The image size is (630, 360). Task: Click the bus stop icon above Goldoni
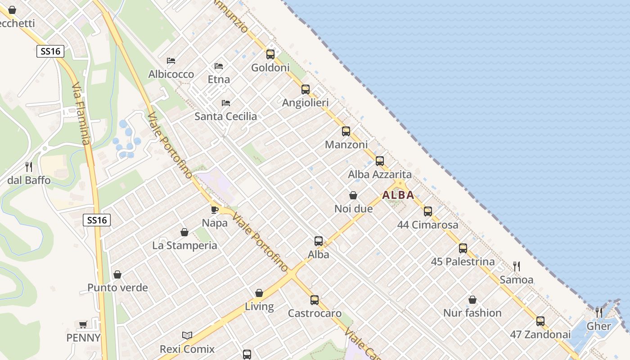270,54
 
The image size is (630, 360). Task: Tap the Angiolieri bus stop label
305,103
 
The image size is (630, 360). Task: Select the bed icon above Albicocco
171,61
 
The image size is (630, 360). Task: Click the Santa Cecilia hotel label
225,116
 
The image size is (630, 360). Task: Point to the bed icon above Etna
219,66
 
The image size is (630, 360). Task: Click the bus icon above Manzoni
346,131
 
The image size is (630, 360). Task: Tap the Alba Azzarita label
380,174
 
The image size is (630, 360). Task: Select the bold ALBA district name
398,195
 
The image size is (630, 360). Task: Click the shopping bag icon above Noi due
353,196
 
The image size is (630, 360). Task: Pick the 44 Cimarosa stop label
427,225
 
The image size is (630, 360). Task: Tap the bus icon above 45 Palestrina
463,248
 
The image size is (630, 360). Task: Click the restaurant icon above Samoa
517,266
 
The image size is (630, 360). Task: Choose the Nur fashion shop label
472,313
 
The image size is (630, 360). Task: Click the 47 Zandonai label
540,334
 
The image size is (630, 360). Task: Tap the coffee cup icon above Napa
215,210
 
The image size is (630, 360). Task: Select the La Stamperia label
184,245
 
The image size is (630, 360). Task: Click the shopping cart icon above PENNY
83,324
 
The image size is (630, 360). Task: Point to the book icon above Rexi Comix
187,335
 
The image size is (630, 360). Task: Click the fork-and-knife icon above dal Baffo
29,167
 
